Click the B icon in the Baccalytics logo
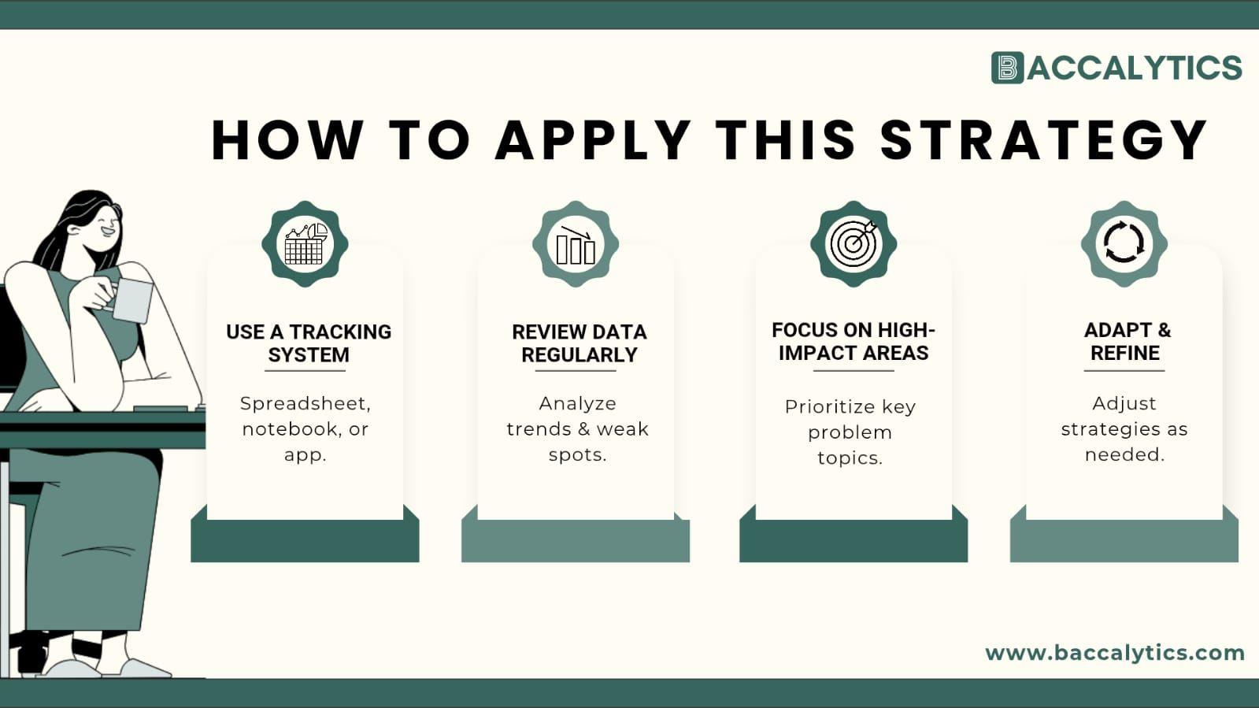(1007, 68)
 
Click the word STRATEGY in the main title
(1043, 140)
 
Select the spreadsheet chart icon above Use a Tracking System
(305, 244)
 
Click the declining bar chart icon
(576, 244)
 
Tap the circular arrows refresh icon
(1124, 243)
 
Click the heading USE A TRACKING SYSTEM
(308, 343)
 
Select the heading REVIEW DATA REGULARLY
(579, 343)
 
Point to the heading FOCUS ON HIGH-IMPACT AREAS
(854, 341)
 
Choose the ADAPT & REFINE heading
(1126, 341)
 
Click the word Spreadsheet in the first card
(305, 403)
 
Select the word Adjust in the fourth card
(1124, 403)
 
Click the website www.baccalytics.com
(1114, 653)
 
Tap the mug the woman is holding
(132, 300)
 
